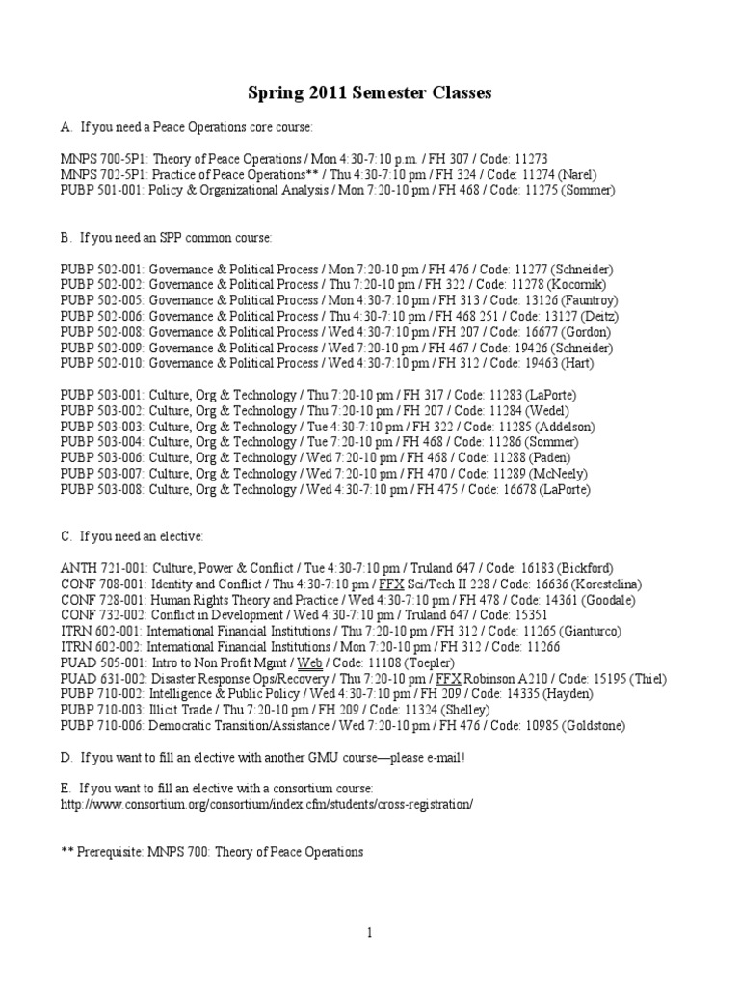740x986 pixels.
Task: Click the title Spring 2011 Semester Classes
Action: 370,93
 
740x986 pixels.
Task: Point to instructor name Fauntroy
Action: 579,301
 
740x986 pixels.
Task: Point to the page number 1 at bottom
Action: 369,932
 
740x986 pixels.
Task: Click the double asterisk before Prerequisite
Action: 66,851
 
